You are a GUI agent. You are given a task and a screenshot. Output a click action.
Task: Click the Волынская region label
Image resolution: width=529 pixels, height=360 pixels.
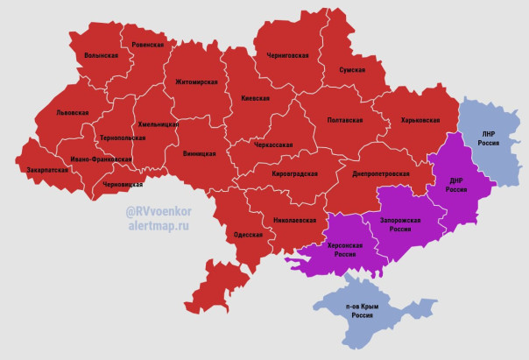point(102,55)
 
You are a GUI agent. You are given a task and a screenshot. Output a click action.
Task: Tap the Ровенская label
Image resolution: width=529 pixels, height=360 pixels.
point(147,44)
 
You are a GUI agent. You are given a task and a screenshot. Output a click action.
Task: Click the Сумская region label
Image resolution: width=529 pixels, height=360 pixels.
point(353,69)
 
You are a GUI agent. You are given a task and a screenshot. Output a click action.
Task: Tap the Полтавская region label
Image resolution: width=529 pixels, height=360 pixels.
point(345,120)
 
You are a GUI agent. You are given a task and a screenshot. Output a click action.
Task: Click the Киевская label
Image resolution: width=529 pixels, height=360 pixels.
point(255,99)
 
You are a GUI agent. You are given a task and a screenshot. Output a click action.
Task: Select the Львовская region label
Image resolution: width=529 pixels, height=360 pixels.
point(72,113)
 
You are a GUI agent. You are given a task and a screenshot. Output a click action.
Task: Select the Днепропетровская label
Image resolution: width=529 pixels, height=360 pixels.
point(381,174)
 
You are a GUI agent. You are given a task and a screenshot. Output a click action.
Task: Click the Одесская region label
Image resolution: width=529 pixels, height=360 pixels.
point(249,235)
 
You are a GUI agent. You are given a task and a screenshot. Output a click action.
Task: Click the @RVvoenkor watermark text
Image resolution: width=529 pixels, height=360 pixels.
point(158,210)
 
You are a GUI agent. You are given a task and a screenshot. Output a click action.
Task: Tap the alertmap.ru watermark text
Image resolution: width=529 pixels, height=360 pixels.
point(158,225)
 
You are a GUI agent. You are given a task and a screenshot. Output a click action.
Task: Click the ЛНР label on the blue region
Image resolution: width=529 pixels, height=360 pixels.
point(488,133)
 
